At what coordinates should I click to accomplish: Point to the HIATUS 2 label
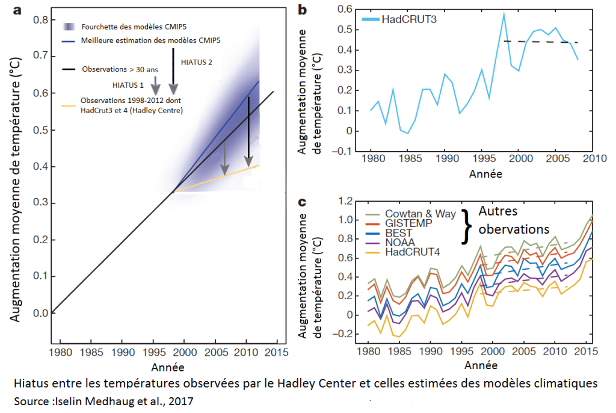(x=196, y=61)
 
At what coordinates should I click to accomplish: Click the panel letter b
(x=302, y=9)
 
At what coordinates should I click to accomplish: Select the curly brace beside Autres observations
(x=464, y=226)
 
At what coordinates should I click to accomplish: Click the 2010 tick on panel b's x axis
(x=596, y=160)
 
